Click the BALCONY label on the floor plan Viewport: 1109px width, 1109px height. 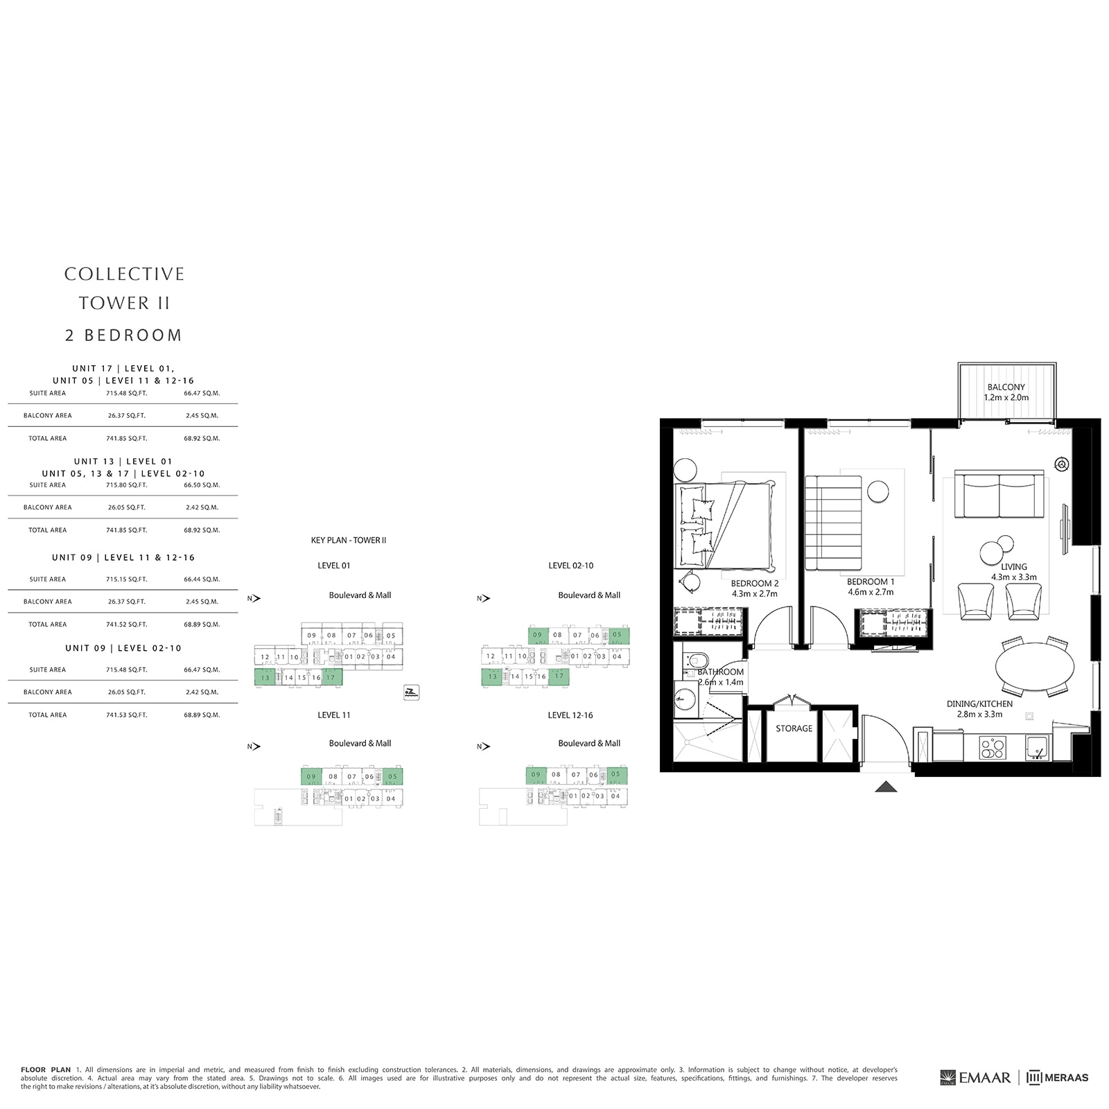click(1006, 387)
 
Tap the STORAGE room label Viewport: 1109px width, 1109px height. click(794, 728)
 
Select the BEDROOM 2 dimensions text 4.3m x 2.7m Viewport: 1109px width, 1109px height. click(754, 594)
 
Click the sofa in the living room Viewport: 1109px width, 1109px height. click(999, 494)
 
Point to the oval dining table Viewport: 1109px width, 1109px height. click(1034, 667)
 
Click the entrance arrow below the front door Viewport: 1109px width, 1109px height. click(886, 787)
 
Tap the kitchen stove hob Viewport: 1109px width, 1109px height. click(992, 749)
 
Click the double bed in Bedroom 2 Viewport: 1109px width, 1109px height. click(724, 525)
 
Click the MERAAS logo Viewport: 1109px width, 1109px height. click(1058, 1077)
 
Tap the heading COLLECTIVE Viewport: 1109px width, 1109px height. click(124, 274)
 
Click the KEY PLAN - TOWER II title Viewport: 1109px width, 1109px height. click(349, 540)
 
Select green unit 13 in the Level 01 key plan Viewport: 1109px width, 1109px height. click(265, 677)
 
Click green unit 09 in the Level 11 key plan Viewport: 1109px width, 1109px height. click(311, 776)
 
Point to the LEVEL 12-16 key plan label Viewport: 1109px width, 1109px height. click(570, 715)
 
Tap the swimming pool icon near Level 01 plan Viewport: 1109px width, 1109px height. click(411, 692)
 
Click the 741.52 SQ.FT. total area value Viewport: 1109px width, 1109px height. click(127, 625)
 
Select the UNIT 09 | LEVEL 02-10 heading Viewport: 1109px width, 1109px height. click(123, 648)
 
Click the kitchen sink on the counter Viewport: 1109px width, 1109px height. click(1036, 747)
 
